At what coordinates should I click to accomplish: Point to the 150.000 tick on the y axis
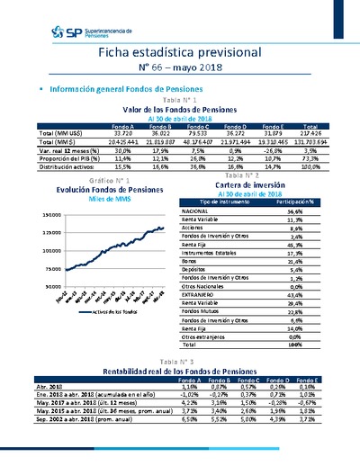(x=50, y=215)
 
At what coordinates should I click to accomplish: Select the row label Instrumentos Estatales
(x=233, y=254)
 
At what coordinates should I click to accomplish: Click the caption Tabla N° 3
(x=180, y=361)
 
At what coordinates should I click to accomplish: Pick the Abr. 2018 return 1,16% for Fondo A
(x=166, y=386)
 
